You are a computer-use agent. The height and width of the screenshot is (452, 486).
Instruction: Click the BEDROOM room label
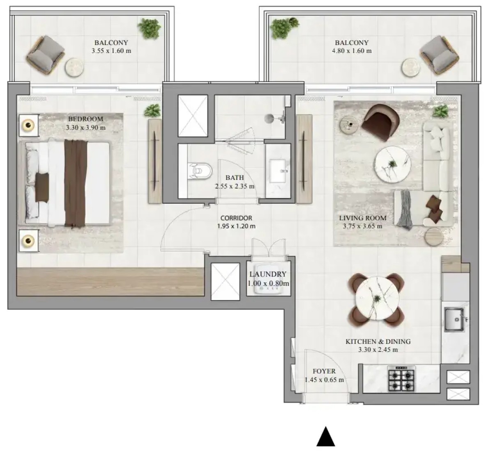point(85,119)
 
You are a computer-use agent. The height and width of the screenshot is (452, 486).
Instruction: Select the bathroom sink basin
point(279,171)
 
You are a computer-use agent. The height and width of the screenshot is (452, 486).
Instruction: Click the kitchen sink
point(455,319)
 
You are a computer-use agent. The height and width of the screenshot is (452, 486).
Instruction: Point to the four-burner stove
point(401,378)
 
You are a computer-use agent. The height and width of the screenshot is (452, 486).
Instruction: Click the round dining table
point(376,298)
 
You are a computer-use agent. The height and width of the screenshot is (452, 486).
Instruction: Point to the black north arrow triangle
point(325,437)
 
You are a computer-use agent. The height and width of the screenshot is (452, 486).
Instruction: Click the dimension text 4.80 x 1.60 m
point(352,51)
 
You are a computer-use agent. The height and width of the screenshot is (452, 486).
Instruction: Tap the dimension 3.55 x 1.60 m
point(111,51)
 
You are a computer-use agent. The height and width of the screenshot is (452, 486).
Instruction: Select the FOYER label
point(324,371)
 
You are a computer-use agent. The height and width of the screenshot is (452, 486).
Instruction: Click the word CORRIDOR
point(236,218)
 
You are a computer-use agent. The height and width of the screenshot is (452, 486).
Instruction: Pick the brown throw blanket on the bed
point(75,183)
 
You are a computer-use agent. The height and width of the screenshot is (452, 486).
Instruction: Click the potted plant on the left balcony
point(150,28)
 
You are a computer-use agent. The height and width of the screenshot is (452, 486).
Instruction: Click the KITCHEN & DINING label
point(378,341)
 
